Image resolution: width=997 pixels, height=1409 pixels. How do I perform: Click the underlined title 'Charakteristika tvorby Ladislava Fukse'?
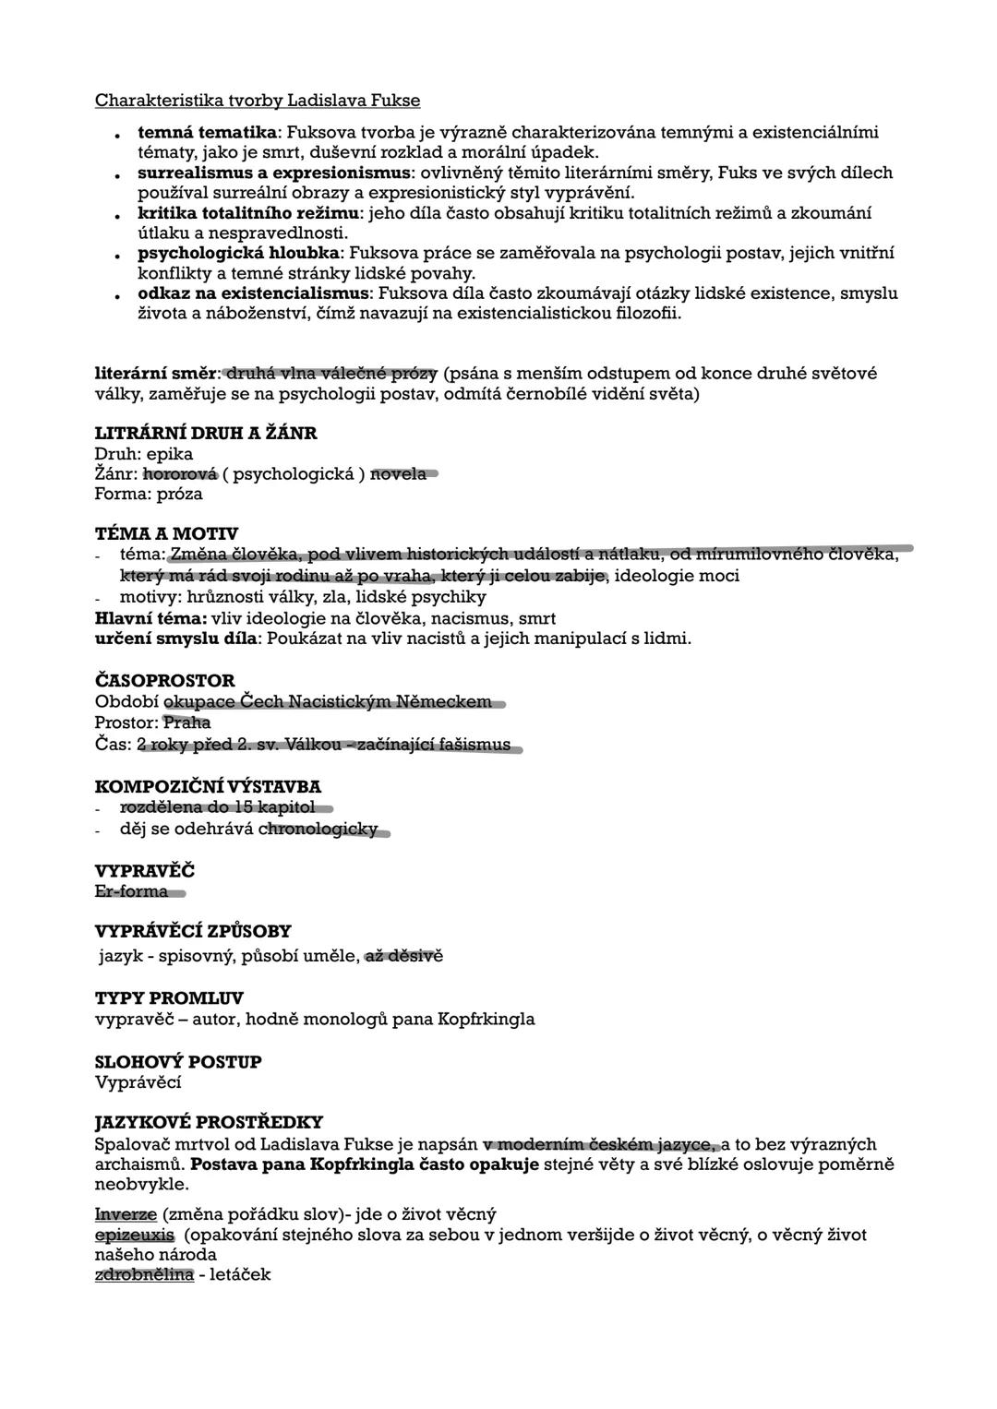pyautogui.click(x=258, y=100)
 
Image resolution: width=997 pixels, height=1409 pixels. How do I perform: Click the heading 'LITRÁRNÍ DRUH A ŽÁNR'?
pyautogui.click(x=206, y=433)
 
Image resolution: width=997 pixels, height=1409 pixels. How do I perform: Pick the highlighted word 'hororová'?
pyautogui.click(x=180, y=474)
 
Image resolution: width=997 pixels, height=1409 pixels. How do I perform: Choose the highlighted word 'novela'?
pyautogui.click(x=399, y=474)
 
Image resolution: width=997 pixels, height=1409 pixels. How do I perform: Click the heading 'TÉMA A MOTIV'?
pyautogui.click(x=166, y=534)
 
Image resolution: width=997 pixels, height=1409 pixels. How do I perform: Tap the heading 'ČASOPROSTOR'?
pyautogui.click(x=165, y=681)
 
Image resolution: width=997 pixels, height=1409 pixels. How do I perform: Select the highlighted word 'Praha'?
pyautogui.click(x=186, y=722)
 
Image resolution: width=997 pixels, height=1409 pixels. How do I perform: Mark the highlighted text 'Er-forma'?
pyautogui.click(x=132, y=891)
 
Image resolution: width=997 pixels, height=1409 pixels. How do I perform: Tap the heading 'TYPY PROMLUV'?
pyautogui.click(x=169, y=998)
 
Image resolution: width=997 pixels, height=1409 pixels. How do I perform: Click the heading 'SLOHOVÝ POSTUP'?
pyautogui.click(x=178, y=1062)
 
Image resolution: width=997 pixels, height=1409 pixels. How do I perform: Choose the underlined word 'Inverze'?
pyautogui.click(x=126, y=1214)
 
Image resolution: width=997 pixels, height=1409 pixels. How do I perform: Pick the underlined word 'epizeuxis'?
pyautogui.click(x=135, y=1235)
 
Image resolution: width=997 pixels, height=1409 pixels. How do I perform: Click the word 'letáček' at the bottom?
pyautogui.click(x=241, y=1275)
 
